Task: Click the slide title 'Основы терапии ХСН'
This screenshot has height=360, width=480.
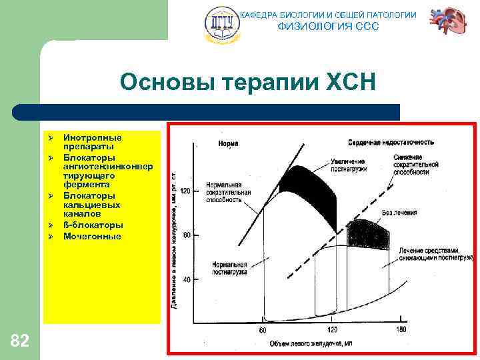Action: coord(248,82)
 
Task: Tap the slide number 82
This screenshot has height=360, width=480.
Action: coord(20,341)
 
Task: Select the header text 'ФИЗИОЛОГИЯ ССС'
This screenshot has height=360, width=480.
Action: coord(327,27)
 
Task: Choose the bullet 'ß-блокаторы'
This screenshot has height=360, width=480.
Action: coord(93,225)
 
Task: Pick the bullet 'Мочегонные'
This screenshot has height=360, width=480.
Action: coord(92,236)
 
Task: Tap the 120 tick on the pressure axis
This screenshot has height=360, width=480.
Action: coord(185,191)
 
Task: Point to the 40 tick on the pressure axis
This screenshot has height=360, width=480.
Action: coord(187,279)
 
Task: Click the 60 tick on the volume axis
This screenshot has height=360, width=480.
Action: coord(262,331)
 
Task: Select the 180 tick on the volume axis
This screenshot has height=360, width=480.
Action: coord(401,331)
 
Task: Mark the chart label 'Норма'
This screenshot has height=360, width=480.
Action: coord(228,143)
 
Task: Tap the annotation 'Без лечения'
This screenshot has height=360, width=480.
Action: coord(399,213)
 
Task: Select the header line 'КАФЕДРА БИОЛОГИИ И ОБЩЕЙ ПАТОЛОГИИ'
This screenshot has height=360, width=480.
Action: coord(328,14)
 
